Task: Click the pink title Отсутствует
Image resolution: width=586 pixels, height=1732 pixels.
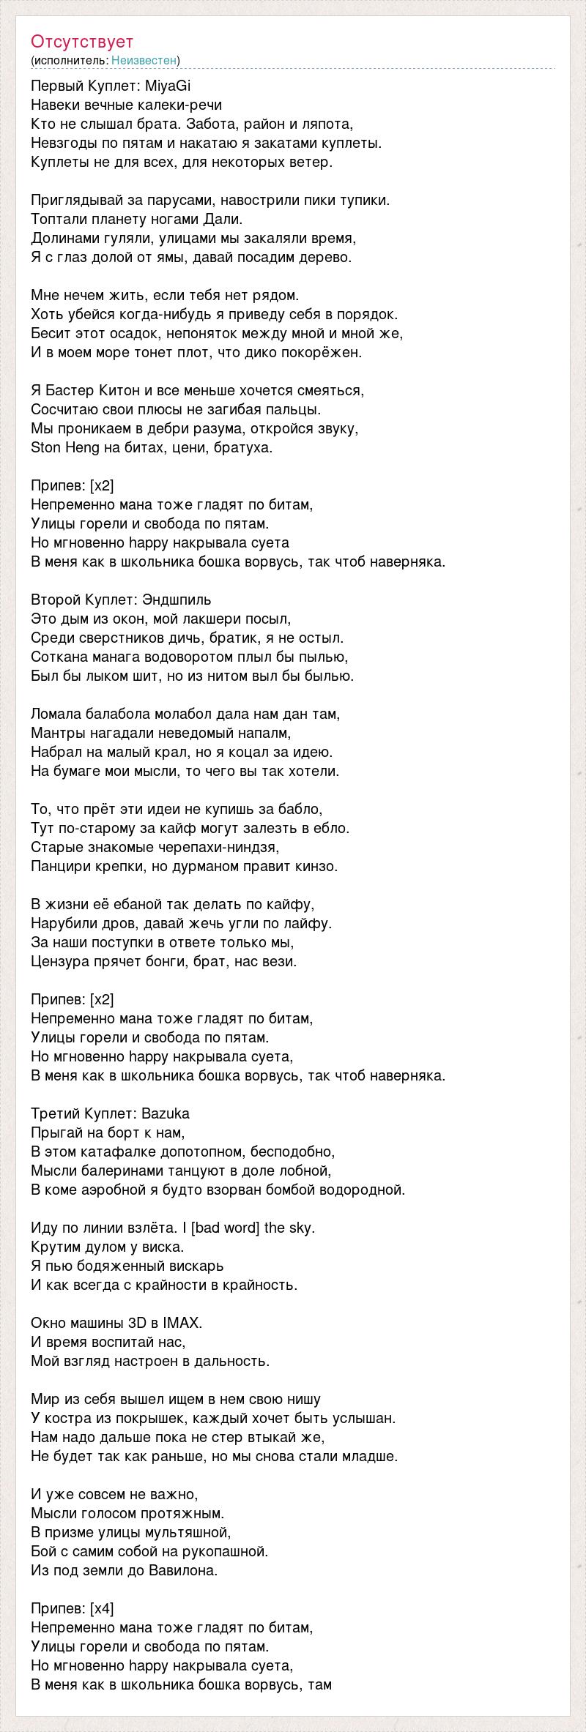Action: pyautogui.click(x=82, y=42)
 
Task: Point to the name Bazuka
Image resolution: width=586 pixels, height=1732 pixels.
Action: pyautogui.click(x=166, y=1113)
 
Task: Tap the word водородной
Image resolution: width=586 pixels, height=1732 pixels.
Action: pyautogui.click(x=363, y=1190)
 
